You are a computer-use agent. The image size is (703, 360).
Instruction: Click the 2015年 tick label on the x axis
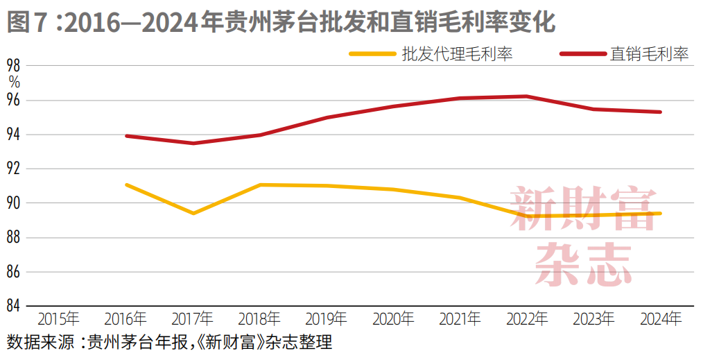click(x=58, y=319)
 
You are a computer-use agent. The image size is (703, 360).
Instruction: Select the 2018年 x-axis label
click(x=259, y=319)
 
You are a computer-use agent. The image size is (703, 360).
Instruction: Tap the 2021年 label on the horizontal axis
click(x=460, y=319)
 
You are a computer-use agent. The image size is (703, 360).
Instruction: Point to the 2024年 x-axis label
click(x=661, y=319)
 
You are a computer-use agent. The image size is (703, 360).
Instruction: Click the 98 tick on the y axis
click(x=14, y=66)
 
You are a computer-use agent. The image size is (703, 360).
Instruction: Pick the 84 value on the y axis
click(x=14, y=306)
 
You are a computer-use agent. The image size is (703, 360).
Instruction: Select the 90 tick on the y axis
click(x=14, y=203)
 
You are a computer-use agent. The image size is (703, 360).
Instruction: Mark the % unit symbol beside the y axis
click(x=14, y=82)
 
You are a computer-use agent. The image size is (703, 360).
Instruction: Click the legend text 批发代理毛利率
click(x=457, y=54)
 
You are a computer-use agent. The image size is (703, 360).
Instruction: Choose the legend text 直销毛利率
click(x=649, y=54)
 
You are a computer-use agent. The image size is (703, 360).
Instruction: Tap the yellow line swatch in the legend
click(x=372, y=53)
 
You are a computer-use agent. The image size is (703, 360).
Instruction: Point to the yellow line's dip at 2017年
click(x=193, y=213)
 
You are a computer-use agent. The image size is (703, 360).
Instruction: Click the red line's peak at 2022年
click(x=527, y=96)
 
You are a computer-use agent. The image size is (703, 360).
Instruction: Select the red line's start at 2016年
click(x=126, y=136)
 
